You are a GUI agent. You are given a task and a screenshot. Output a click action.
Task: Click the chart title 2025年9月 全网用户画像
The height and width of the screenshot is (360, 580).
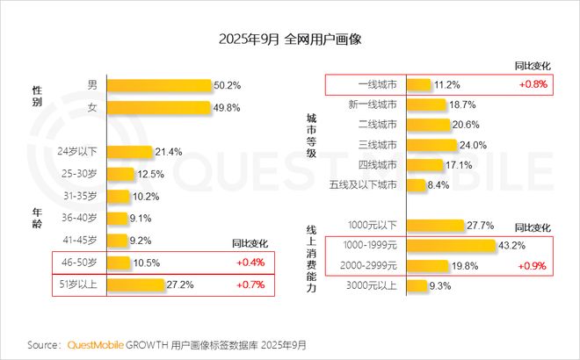click(289, 40)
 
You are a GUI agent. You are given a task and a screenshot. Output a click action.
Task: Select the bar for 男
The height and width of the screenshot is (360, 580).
click(159, 85)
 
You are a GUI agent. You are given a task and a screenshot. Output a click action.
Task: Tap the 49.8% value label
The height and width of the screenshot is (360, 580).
click(227, 107)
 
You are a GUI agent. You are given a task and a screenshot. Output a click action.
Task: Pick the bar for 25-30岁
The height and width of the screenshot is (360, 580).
click(121, 173)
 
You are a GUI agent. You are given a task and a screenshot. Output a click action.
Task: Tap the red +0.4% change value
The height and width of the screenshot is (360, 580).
click(250, 263)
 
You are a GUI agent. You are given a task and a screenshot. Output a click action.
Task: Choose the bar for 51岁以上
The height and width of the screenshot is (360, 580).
click(136, 284)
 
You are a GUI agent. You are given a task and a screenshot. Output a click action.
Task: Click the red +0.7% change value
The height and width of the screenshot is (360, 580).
click(250, 284)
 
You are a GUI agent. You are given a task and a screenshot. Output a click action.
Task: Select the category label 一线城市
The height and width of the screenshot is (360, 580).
click(376, 85)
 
